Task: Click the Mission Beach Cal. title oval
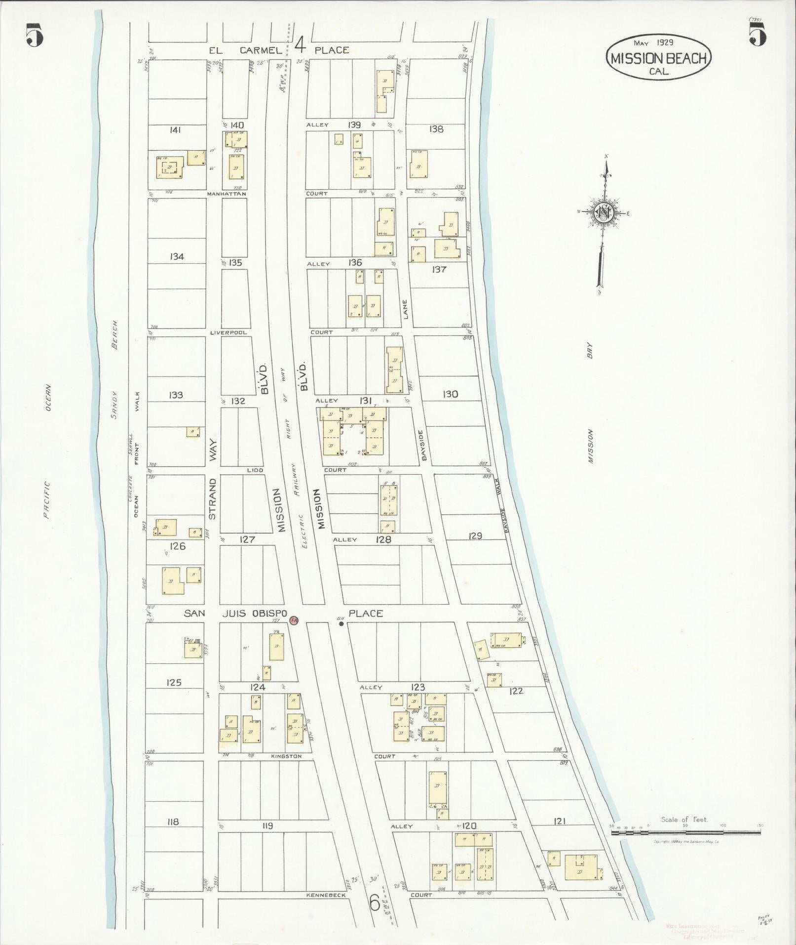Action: (659, 58)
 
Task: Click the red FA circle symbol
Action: (294, 620)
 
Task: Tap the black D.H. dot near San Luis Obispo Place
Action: (341, 623)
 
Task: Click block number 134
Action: (176, 256)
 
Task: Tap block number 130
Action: (450, 394)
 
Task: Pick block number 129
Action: (475, 535)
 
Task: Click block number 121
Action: (559, 821)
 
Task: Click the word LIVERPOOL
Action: (228, 332)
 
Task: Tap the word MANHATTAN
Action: (227, 194)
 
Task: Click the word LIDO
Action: (255, 470)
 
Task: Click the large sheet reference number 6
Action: (375, 904)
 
